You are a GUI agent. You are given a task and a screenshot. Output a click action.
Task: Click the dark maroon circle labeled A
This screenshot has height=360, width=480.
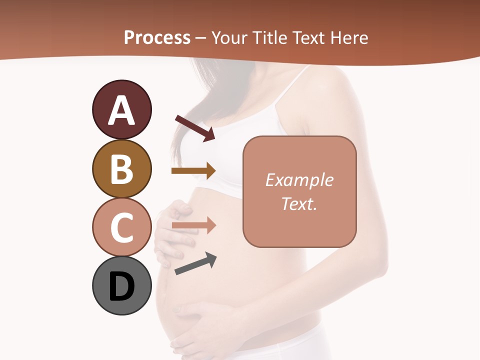[121, 109]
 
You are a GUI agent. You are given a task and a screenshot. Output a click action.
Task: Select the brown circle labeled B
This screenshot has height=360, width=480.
[121, 168]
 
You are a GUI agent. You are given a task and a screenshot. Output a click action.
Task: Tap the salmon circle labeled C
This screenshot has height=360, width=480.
[121, 227]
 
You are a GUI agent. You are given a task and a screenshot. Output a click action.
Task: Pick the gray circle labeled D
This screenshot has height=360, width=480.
[121, 286]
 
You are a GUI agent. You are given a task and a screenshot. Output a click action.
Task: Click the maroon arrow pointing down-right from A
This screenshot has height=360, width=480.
[195, 128]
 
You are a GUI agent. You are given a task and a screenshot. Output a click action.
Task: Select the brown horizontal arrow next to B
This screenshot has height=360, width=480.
[193, 171]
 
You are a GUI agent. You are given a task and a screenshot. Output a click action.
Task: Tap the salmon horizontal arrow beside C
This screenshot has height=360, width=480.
[193, 226]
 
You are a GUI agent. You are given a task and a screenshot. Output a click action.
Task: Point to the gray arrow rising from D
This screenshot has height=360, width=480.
[195, 263]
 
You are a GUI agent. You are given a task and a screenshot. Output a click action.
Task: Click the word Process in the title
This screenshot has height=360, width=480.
[157, 37]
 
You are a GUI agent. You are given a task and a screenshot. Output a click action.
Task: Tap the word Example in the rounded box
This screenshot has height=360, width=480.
[299, 180]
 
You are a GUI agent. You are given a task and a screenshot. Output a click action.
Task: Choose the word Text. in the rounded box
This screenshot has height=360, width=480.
[299, 203]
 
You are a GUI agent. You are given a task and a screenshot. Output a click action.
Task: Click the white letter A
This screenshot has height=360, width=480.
[121, 110]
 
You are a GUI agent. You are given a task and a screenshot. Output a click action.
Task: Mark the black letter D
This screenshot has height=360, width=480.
[121, 286]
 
